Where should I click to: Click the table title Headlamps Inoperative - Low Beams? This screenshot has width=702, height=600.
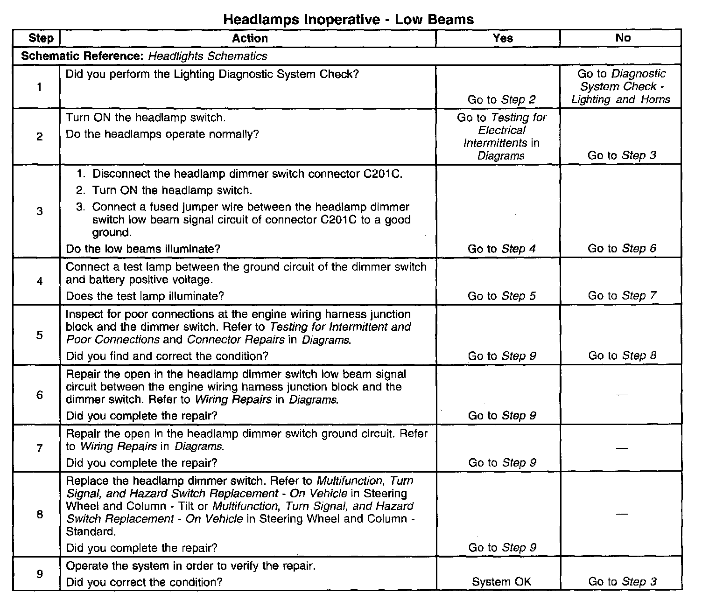click(348, 19)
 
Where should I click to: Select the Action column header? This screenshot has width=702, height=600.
click(250, 38)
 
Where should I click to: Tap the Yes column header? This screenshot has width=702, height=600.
click(502, 38)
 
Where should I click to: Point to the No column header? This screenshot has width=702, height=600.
click(623, 38)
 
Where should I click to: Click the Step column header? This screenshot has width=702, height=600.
click(41, 38)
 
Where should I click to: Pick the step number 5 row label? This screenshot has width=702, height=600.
click(40, 335)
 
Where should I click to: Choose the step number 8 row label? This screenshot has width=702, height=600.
click(40, 514)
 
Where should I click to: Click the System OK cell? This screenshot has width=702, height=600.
click(502, 582)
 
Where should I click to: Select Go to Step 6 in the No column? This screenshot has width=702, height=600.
click(622, 249)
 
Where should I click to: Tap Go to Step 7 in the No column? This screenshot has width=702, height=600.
click(622, 296)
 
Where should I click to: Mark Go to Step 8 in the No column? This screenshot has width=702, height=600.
click(622, 356)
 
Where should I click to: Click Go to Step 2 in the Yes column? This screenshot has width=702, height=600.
click(502, 99)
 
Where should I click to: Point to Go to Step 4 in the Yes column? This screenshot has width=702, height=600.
click(502, 249)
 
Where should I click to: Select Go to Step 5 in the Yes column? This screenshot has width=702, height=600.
click(502, 296)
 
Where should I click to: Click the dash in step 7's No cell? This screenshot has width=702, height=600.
click(621, 447)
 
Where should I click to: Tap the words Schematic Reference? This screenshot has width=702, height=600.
click(83, 56)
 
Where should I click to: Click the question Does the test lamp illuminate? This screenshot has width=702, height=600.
click(145, 296)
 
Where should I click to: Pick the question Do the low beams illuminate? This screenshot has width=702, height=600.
click(143, 249)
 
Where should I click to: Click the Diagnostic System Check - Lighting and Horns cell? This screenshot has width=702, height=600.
click(621, 87)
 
